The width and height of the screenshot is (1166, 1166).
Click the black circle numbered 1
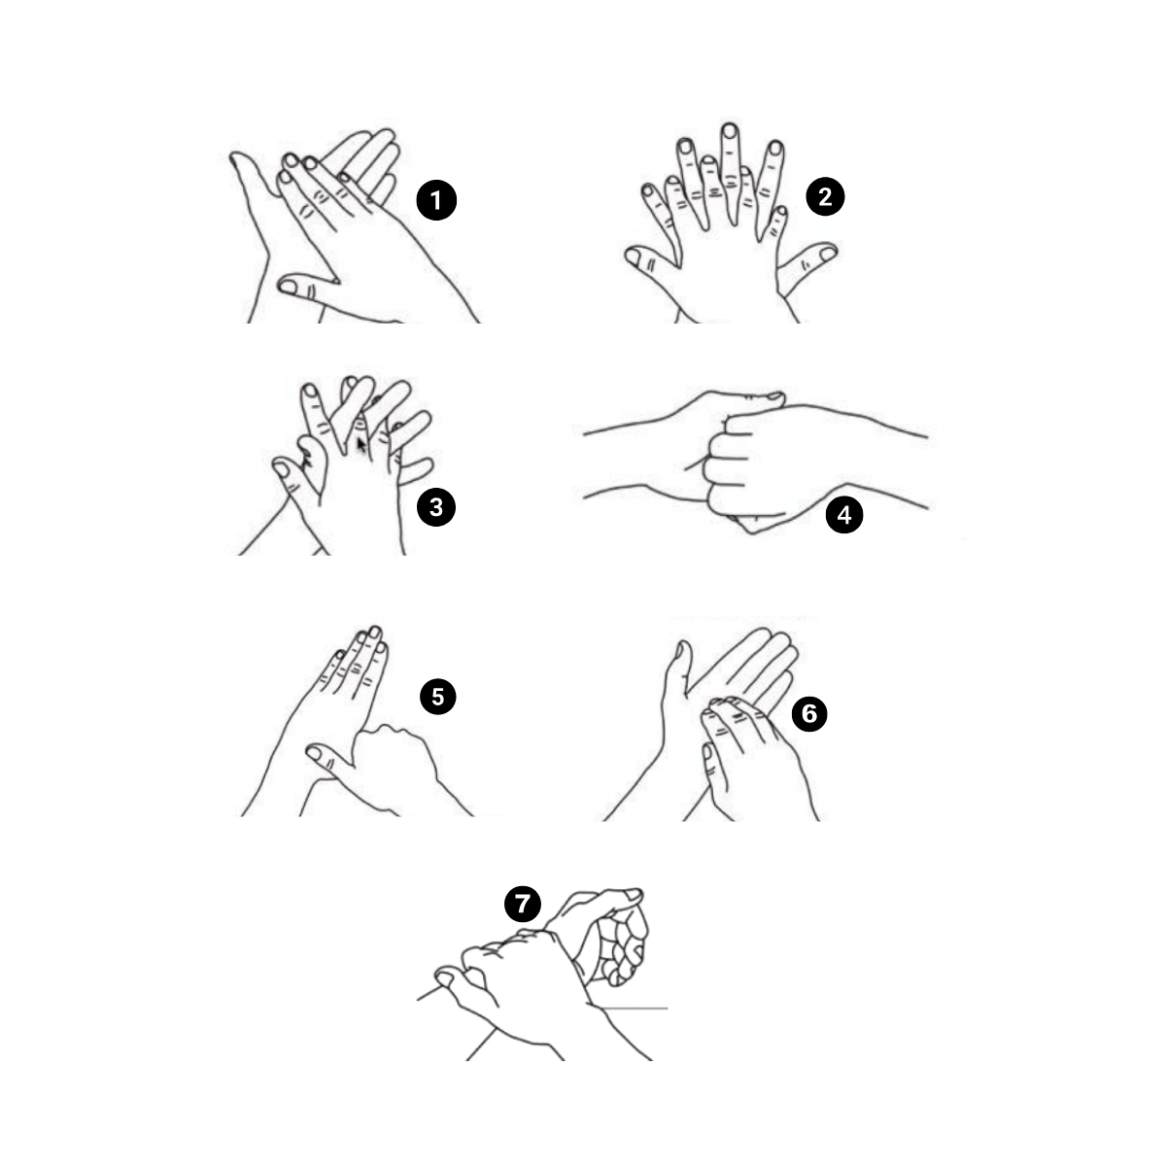tap(435, 200)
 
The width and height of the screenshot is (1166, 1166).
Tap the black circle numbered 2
tap(825, 196)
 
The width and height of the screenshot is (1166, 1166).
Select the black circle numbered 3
tap(435, 507)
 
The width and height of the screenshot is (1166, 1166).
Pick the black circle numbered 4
tap(844, 515)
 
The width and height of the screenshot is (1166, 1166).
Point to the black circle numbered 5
tap(437, 697)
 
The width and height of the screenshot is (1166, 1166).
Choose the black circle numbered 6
tap(809, 713)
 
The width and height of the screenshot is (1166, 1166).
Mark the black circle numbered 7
tap(522, 904)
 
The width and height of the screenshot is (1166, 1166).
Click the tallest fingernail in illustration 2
tap(731, 131)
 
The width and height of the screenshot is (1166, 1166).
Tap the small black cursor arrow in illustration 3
tap(360, 446)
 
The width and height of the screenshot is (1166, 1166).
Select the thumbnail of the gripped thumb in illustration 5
tap(315, 753)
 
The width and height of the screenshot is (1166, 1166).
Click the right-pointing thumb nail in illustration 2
tap(827, 253)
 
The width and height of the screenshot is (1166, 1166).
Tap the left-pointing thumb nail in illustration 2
tap(633, 257)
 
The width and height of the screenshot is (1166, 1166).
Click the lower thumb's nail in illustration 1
tap(288, 287)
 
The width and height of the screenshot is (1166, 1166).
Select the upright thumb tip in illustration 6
tap(682, 650)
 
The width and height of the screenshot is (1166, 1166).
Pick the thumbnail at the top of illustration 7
tap(634, 894)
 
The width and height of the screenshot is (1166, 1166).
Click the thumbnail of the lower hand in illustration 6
tap(706, 752)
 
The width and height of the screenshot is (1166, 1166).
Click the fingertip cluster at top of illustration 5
tap(361, 644)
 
